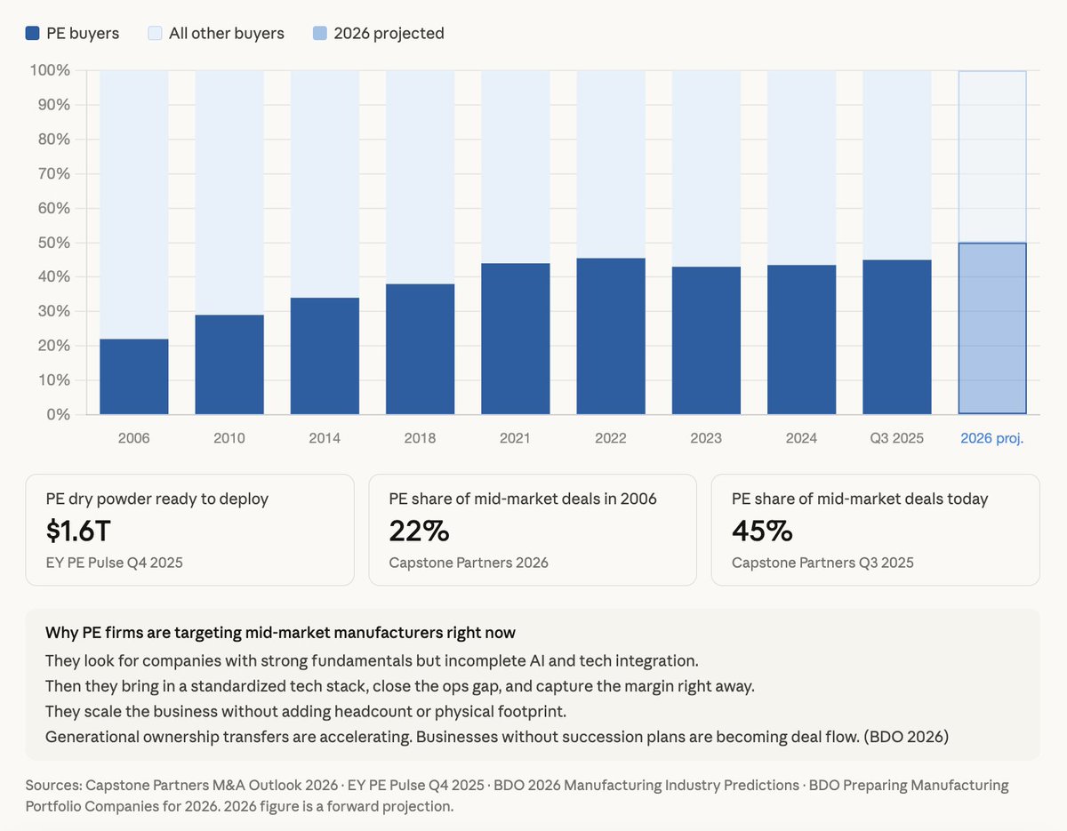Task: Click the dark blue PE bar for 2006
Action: tap(134, 377)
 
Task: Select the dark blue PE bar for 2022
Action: tap(611, 336)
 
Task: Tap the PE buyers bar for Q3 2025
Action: tap(896, 337)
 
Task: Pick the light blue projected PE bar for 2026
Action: tap(992, 328)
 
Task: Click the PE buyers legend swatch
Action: tap(33, 34)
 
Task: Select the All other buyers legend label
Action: tap(226, 34)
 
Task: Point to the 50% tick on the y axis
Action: tap(52, 243)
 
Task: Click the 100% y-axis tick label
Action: tap(50, 70)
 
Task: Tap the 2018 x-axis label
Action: tap(420, 438)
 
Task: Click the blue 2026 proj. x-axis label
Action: tap(992, 438)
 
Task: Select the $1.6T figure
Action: tap(78, 531)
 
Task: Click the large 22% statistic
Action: tap(419, 531)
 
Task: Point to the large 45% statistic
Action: tap(762, 531)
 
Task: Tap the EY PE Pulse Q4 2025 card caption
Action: tap(114, 563)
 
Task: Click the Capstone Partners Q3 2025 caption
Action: tap(822, 563)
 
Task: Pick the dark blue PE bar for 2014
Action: tap(325, 356)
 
